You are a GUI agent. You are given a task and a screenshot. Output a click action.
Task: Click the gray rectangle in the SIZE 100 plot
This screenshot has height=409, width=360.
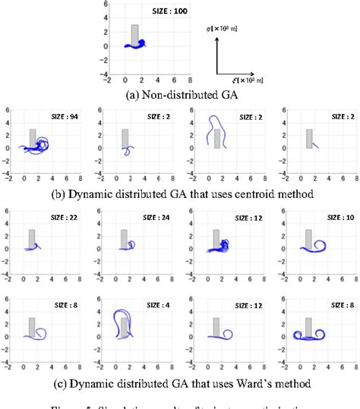[x=134, y=35]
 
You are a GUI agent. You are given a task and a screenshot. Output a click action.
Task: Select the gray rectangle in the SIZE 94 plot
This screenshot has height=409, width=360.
[x=33, y=138]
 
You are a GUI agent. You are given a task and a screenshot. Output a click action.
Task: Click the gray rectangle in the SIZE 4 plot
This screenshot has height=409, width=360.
[x=124, y=327]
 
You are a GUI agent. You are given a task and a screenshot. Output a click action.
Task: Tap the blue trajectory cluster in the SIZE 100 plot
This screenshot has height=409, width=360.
[x=137, y=44]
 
